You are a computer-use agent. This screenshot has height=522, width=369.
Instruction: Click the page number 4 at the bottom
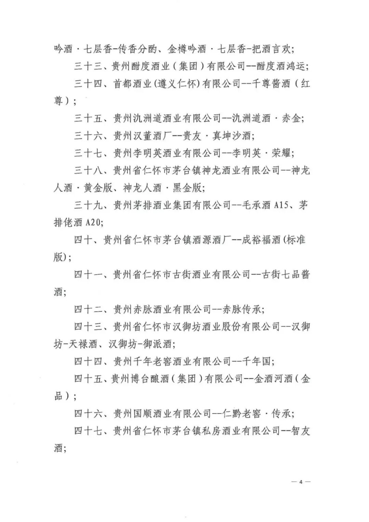pos(301,482)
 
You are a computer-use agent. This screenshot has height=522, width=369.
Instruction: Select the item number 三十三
pos(88,66)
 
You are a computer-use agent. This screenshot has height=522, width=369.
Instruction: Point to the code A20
pos(93,223)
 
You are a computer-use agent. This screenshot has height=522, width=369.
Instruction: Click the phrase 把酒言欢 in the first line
pos(271,49)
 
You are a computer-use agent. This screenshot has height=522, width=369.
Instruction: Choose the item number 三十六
pos(88,136)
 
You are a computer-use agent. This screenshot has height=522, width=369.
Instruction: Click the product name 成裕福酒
pos(261,240)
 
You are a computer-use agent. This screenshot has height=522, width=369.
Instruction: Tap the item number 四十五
pos(88,379)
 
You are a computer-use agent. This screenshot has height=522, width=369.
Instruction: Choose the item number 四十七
pos(88,431)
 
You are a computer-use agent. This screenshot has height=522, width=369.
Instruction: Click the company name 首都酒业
pos(132,84)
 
